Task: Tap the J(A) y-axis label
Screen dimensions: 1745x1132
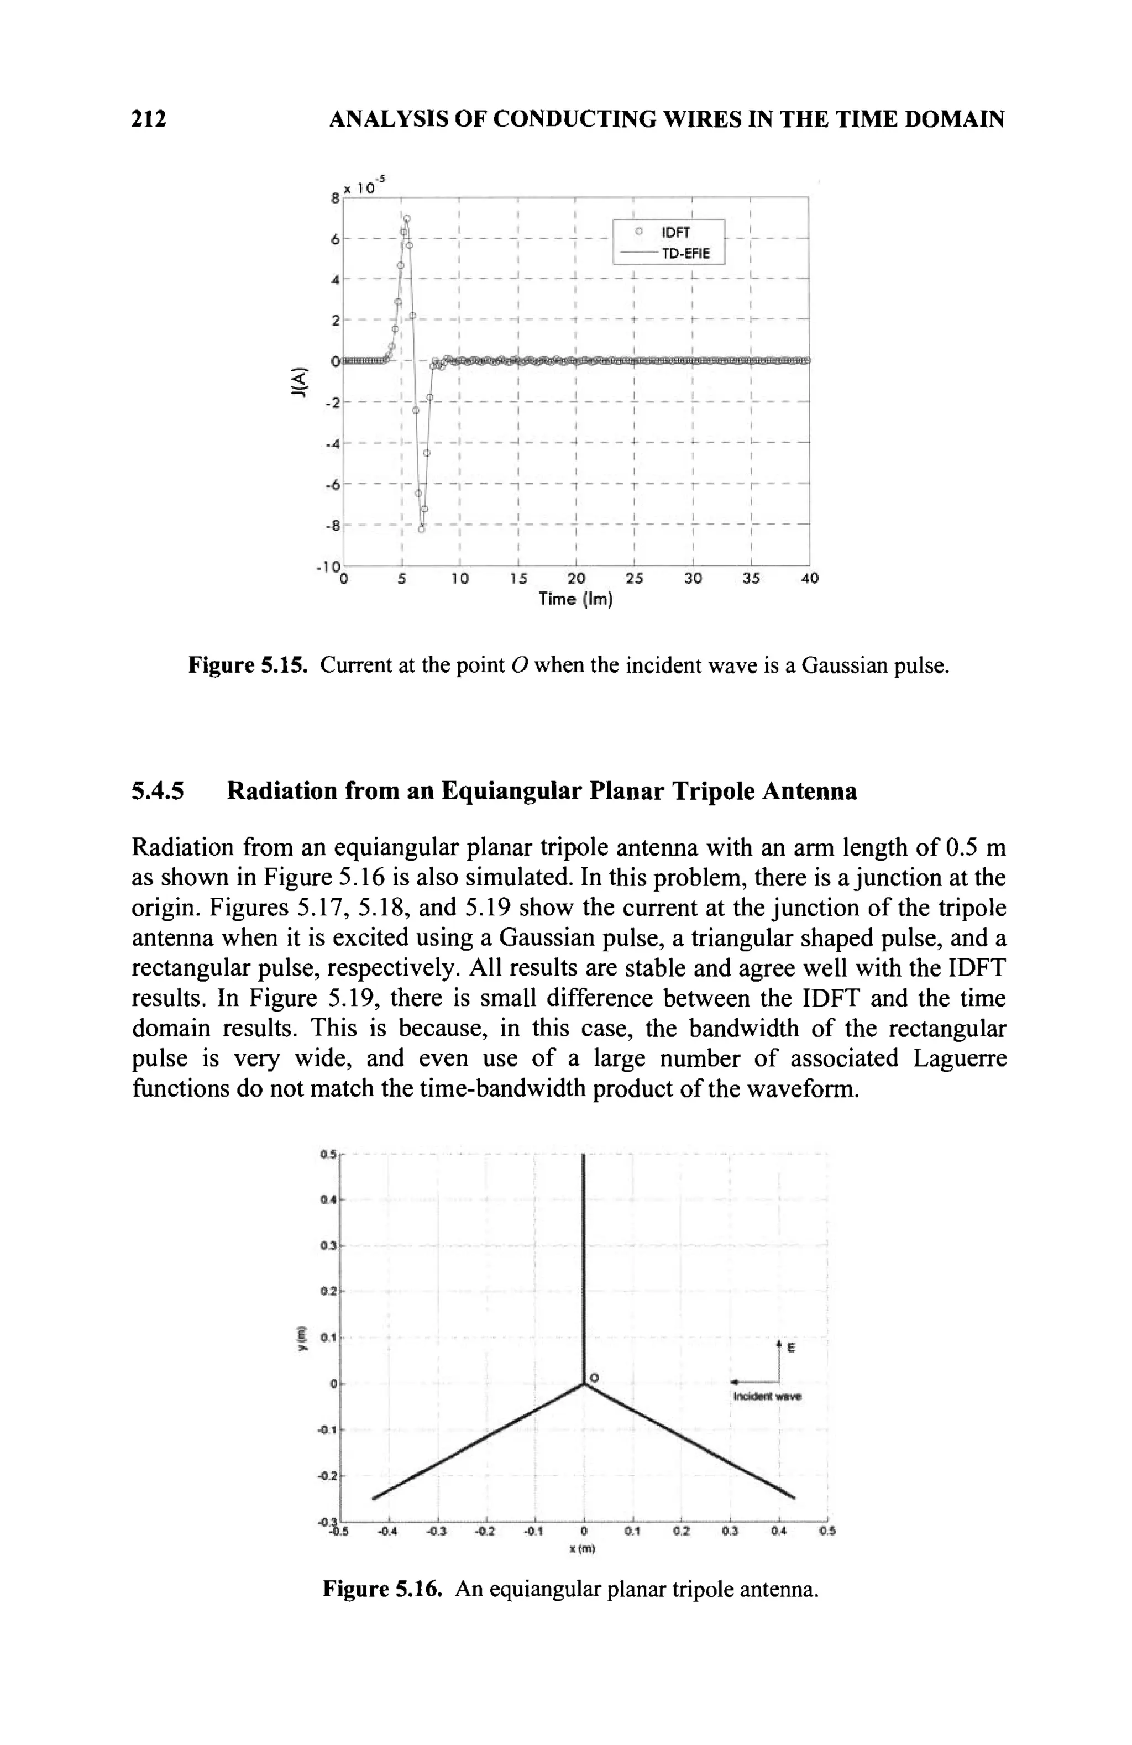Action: tap(297, 382)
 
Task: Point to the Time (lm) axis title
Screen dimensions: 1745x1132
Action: tap(575, 599)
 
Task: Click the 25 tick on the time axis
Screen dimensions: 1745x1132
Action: tap(634, 579)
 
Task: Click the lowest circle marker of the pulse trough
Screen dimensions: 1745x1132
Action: tap(421, 530)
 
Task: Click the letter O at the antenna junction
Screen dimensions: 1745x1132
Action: tap(595, 1379)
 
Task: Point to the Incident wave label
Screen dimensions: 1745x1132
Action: tap(767, 1397)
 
